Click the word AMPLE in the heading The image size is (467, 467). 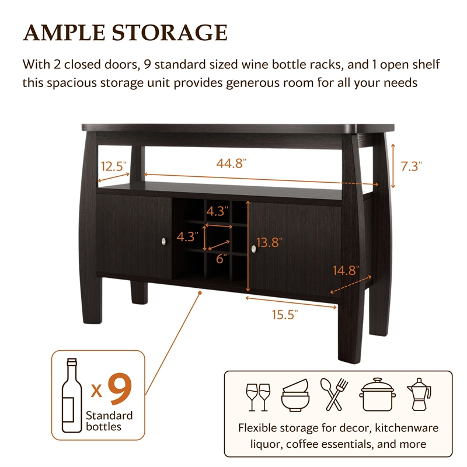pos(63,33)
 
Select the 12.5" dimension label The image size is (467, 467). pos(114,166)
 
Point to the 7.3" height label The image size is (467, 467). pos(411,166)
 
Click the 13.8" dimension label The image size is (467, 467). pos(267,242)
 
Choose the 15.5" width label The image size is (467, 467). pos(285,315)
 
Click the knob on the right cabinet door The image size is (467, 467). pos(254,249)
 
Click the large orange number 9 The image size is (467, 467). pos(119,389)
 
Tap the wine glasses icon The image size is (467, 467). pos(259,396)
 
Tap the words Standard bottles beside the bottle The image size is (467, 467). pos(109,420)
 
